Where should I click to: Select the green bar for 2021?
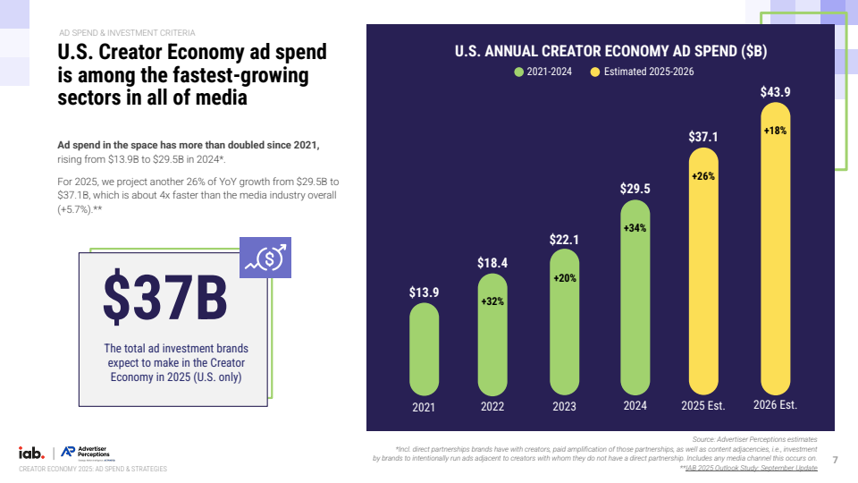pos(424,349)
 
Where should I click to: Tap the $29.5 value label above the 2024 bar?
pos(635,189)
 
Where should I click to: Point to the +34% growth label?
pos(635,228)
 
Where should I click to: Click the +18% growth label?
pos(775,131)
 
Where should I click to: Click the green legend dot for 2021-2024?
pos(518,72)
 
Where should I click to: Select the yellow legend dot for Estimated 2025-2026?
pos(595,72)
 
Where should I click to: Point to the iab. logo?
pos(32,453)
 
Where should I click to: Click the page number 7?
pos(835,460)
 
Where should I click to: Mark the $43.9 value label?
pos(775,92)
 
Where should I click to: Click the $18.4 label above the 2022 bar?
pos(493,263)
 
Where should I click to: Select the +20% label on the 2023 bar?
pos(564,278)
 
